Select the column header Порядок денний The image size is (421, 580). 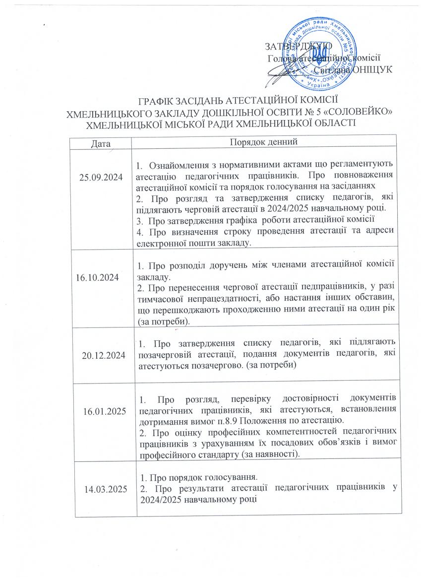264,142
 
